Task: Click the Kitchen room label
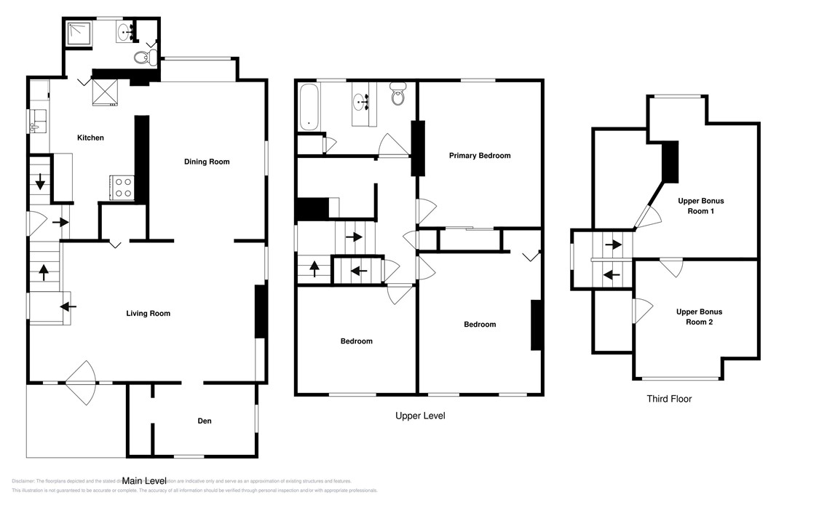[x=91, y=138]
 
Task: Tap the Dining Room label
[x=206, y=162]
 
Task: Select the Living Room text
[x=148, y=314]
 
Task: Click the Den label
[x=204, y=421]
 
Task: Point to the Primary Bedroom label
[x=479, y=155]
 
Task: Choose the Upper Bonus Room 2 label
[x=699, y=317]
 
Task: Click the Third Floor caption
[x=668, y=399]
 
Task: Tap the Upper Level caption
[x=419, y=416]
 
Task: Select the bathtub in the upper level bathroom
[x=309, y=107]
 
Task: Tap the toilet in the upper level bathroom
[x=397, y=95]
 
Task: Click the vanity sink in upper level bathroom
[x=362, y=101]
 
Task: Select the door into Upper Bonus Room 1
[x=646, y=216]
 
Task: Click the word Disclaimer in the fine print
[x=25, y=481]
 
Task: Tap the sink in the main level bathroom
[x=124, y=31]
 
